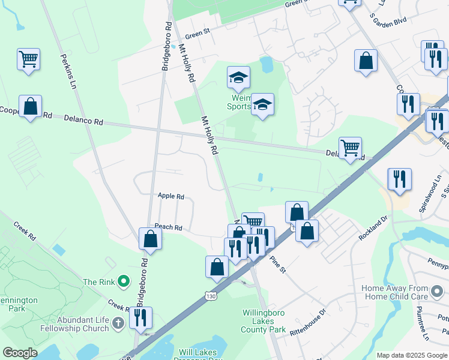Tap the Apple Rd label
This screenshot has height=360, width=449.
point(170,196)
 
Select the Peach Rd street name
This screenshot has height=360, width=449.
point(168,227)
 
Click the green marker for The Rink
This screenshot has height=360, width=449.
point(124,281)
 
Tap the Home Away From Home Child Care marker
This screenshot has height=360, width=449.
point(437,292)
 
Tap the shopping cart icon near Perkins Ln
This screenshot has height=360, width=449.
point(28,59)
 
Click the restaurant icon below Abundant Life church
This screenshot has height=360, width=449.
point(140,317)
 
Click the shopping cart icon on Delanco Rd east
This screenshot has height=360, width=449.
point(350,147)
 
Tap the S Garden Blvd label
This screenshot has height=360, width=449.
point(388,20)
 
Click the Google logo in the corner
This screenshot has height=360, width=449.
point(20,353)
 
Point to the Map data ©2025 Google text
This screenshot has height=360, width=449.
point(411,355)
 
